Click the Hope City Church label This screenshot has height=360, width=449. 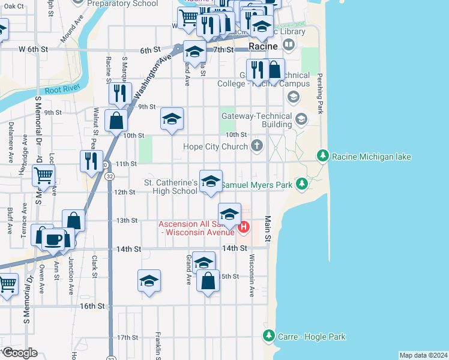click(217, 146)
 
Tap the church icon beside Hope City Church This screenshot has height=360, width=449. click(258, 145)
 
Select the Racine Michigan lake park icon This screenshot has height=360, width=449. click(323, 156)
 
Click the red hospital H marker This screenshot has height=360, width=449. click(244, 227)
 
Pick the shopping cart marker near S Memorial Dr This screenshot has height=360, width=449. click(44, 176)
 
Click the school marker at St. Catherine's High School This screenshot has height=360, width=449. click(210, 182)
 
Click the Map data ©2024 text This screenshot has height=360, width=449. click(423, 355)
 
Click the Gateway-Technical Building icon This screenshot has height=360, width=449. click(300, 121)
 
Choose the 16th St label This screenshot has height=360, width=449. click(92, 306)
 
